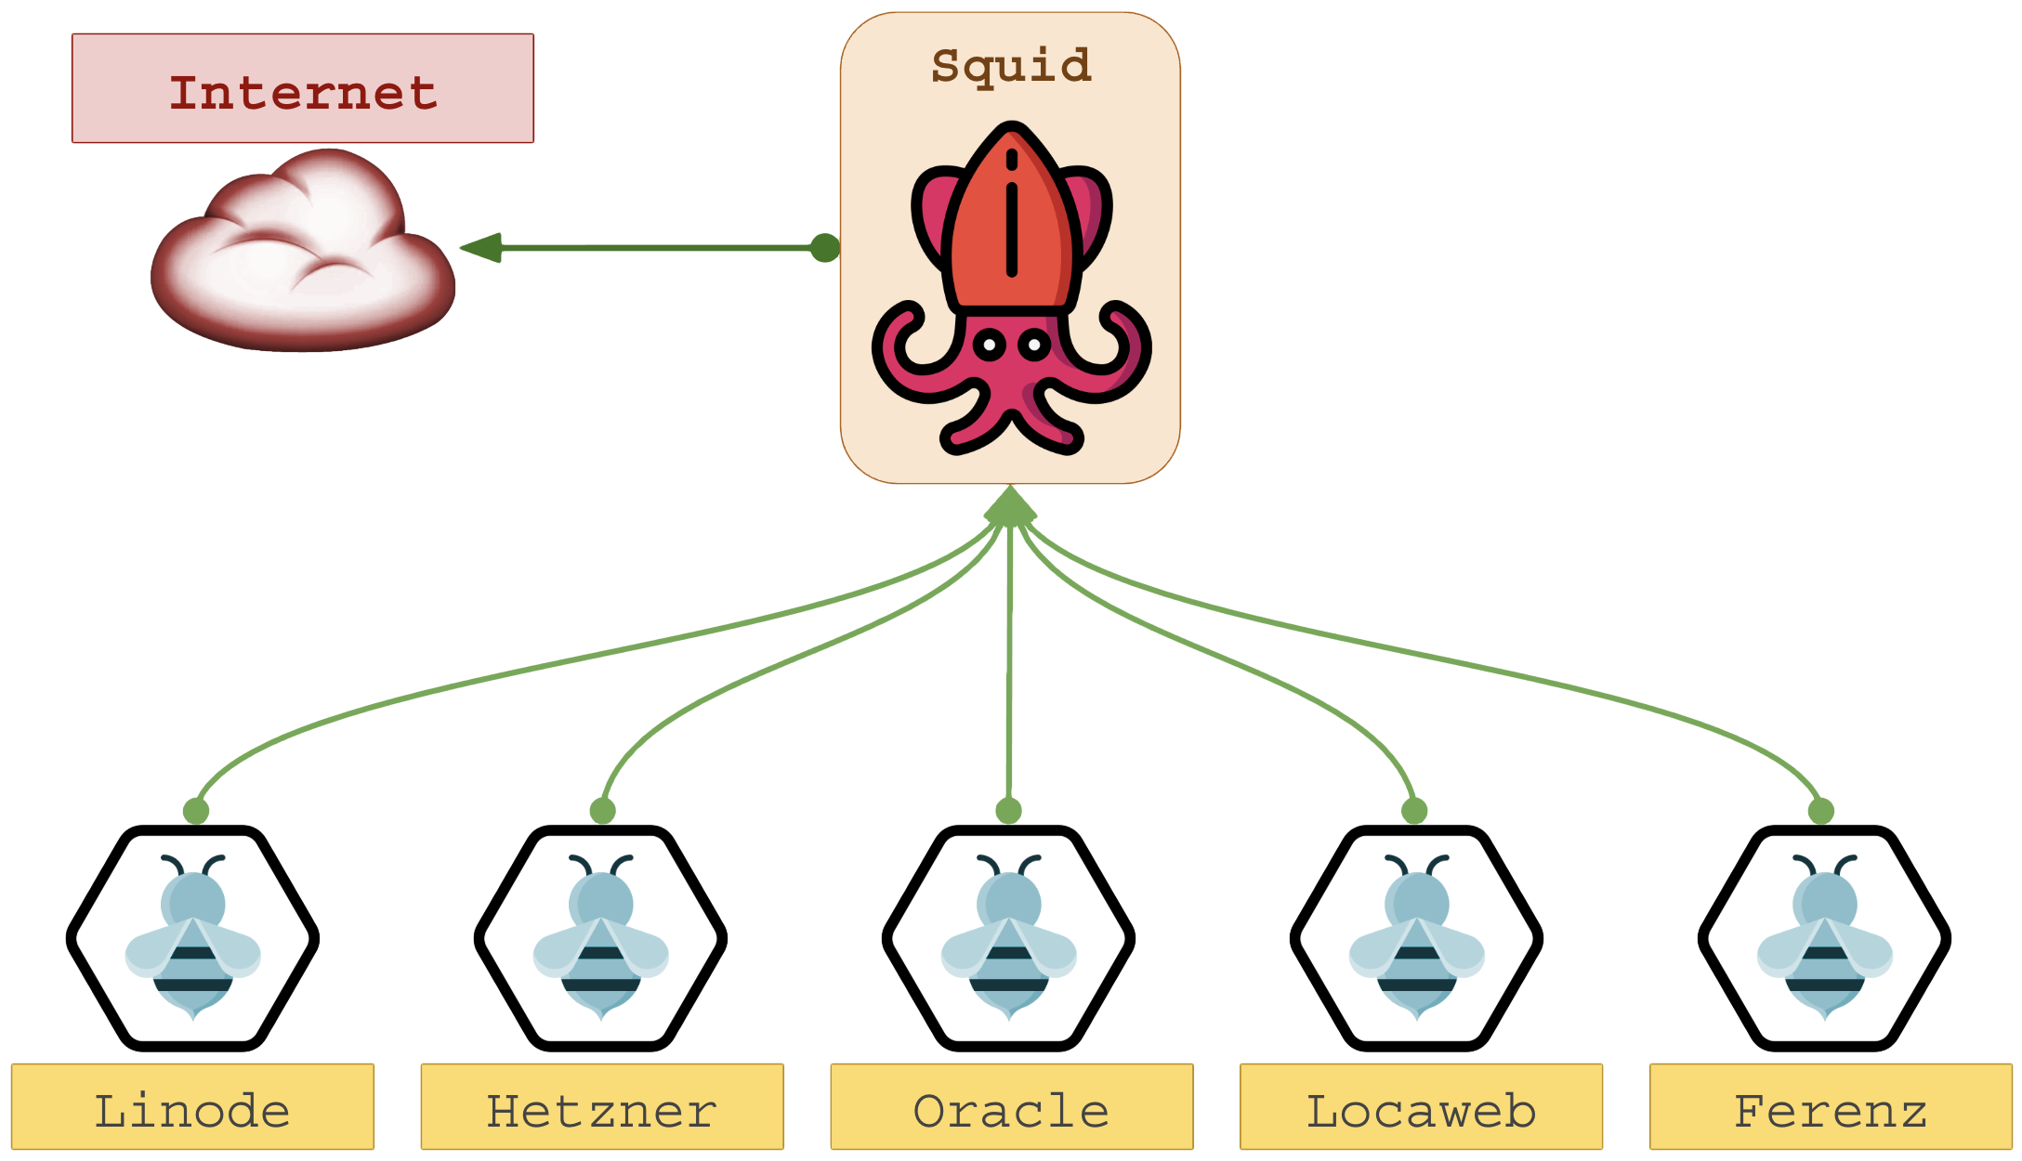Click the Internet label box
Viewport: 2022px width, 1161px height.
point(303,89)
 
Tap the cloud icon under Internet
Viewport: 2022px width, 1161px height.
point(303,255)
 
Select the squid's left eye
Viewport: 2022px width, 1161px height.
point(990,346)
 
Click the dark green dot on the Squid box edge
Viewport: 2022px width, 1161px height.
point(824,248)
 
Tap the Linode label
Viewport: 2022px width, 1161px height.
point(192,1109)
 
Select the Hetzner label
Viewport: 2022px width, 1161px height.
point(602,1109)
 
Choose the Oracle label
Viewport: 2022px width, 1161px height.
point(1012,1109)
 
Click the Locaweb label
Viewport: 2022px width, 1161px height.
point(1421,1109)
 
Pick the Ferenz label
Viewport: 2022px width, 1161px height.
point(1831,1109)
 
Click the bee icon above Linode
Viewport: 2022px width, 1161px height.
point(193,938)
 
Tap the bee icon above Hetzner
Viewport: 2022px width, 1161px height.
point(601,938)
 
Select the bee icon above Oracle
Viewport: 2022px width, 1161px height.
point(1009,938)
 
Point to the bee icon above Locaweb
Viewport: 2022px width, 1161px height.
point(1417,938)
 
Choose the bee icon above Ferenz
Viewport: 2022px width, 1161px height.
point(1825,938)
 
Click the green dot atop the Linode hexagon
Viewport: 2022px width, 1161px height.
point(196,811)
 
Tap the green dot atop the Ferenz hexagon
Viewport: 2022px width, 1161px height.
point(1821,811)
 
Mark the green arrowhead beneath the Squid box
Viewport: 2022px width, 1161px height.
point(1011,507)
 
